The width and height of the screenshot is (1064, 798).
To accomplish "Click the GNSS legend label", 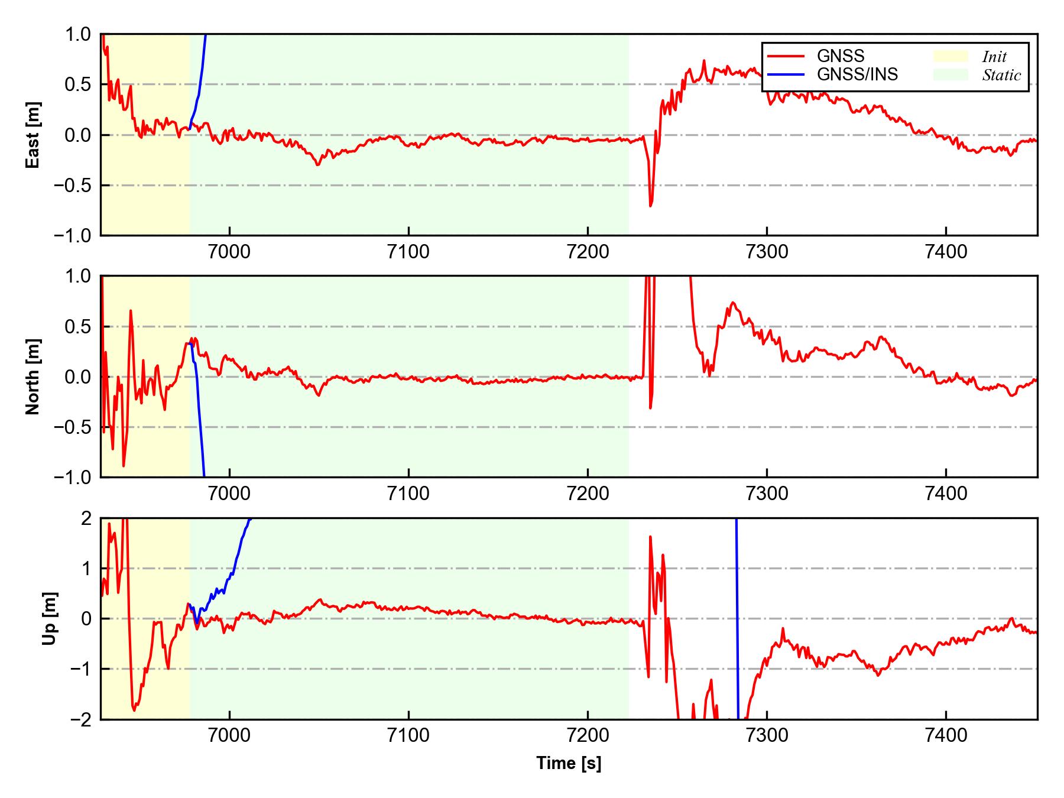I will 841,56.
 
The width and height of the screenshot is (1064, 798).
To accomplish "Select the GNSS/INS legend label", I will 857,74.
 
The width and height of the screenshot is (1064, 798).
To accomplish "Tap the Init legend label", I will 994,57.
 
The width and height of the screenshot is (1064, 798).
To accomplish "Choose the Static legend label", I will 1001,75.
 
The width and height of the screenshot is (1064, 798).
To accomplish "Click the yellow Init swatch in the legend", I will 951,56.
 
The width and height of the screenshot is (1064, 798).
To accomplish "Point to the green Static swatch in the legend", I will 951,74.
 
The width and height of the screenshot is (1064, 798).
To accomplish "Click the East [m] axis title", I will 33,135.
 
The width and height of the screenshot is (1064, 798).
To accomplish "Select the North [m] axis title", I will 33,377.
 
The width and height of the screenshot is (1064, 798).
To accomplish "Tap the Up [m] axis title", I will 50,618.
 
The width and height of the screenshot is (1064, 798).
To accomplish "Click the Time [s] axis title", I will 569,763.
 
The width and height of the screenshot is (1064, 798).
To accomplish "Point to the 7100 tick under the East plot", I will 408,252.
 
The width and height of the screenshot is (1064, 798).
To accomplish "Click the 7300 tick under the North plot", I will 767,494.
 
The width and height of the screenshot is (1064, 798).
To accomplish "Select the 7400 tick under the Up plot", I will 946,736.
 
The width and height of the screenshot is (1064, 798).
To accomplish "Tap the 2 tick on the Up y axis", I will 86,518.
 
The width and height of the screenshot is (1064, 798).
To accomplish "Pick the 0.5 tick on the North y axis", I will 79,326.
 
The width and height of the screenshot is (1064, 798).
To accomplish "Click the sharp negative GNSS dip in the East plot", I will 650,205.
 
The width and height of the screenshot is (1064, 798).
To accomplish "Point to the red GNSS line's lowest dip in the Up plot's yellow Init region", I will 134,709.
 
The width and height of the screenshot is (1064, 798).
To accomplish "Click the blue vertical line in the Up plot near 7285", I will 737,621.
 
